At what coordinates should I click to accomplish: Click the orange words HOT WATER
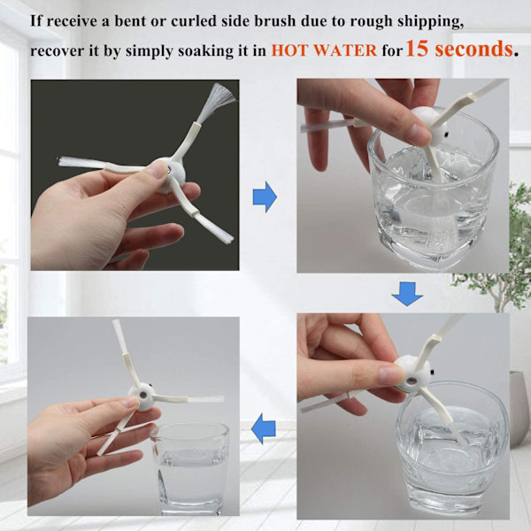click(324, 50)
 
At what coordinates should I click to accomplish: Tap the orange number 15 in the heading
click(418, 49)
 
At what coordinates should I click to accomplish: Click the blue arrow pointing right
click(265, 197)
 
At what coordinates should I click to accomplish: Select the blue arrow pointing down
click(407, 294)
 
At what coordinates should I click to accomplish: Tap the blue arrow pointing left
click(264, 428)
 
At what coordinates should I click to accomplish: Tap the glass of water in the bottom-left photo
click(190, 468)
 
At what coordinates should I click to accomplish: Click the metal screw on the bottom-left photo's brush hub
click(143, 395)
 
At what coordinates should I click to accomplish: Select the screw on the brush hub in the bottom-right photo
click(412, 381)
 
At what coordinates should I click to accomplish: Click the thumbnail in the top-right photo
click(418, 133)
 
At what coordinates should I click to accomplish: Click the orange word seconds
click(473, 49)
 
